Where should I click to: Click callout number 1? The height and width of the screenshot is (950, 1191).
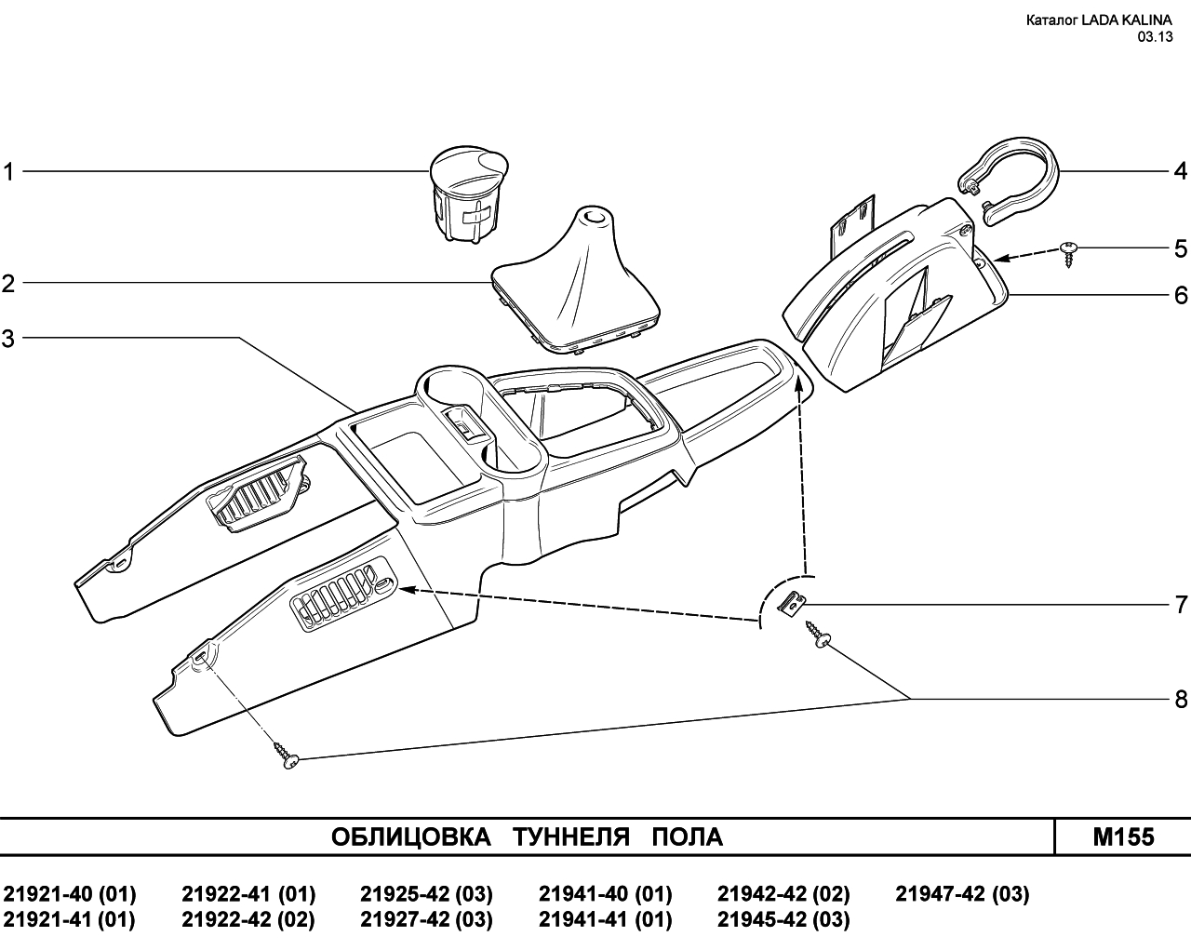click(x=8, y=171)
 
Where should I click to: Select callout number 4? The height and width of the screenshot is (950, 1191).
click(x=1181, y=171)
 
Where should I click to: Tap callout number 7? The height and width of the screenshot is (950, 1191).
click(x=1181, y=604)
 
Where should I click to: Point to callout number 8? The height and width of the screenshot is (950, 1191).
click(x=1181, y=700)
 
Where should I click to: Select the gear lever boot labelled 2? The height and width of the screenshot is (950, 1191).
click(x=576, y=279)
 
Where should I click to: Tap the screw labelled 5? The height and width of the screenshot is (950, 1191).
click(x=1069, y=254)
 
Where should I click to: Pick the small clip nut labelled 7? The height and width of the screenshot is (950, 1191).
click(x=792, y=604)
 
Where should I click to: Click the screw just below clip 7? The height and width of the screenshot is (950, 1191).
click(x=818, y=635)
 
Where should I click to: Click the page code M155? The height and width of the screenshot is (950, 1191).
click(x=1123, y=837)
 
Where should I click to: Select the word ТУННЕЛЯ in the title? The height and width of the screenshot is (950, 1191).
click(x=571, y=837)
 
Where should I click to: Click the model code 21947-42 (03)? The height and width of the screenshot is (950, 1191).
click(x=962, y=893)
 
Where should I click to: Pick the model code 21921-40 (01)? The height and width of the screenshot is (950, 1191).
click(x=70, y=893)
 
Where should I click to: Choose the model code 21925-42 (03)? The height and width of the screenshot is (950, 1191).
click(x=427, y=893)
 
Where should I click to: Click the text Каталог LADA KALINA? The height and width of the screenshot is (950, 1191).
click(x=1099, y=20)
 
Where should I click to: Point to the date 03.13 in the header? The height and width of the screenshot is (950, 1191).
click(x=1155, y=37)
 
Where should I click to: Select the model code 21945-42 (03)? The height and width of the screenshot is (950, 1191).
click(x=783, y=919)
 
